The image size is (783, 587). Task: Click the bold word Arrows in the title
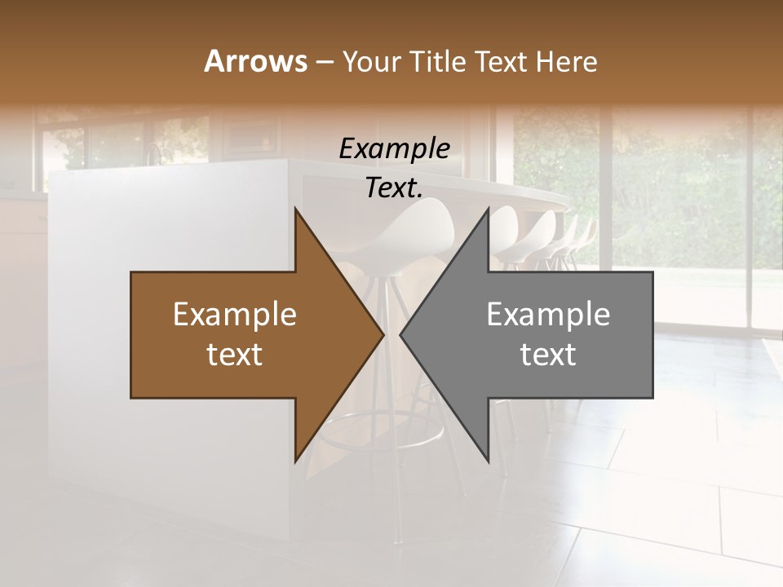coord(254,61)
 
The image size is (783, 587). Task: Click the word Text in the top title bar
coord(502,62)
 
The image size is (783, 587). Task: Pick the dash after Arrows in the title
coord(324,63)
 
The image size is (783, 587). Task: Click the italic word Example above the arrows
coord(394,148)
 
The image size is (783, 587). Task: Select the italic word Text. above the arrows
coord(394,188)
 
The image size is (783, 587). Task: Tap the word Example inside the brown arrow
coord(234,314)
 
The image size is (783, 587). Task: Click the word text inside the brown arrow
coord(234,354)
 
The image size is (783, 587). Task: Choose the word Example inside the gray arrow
coord(548,314)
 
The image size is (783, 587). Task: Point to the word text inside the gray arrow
coord(548,354)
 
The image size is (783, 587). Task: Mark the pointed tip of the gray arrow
coord(401,334)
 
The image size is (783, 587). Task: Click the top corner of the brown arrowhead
coord(295,210)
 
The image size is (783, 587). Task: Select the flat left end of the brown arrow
coord(132,334)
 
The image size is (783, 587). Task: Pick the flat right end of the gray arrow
coord(652,334)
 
